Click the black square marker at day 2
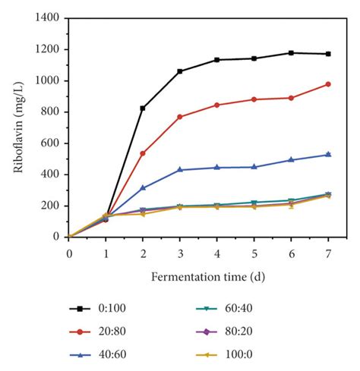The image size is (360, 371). pos(142,108)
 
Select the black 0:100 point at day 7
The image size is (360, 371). pos(328,54)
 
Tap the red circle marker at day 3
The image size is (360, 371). pos(179,117)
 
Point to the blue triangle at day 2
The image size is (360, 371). pos(142,187)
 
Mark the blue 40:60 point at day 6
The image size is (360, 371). pos(291,160)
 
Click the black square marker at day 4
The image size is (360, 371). pos(216,60)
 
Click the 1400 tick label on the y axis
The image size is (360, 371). pos(49,18)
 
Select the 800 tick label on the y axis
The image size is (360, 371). pos(52,112)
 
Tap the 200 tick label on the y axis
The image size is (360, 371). pos(52,206)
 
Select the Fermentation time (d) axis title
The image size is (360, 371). pos(198,272)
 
